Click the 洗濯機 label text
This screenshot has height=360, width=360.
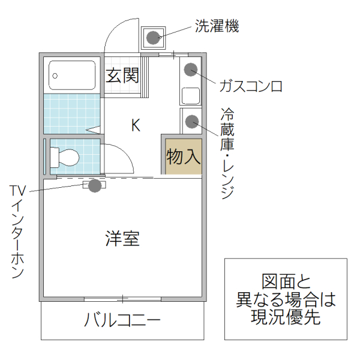[217, 26]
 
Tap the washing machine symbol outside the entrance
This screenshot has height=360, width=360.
[153, 38]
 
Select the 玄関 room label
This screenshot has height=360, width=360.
[123, 76]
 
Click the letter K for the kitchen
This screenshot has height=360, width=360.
[136, 125]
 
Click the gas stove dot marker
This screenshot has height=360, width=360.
[190, 69]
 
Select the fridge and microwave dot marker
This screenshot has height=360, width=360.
[191, 122]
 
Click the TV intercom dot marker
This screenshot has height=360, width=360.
[94, 185]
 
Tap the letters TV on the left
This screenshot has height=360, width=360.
[17, 190]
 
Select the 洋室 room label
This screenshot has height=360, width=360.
[122, 239]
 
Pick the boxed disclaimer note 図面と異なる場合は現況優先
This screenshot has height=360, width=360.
[286, 298]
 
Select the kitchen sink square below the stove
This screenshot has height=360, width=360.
[191, 95]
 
